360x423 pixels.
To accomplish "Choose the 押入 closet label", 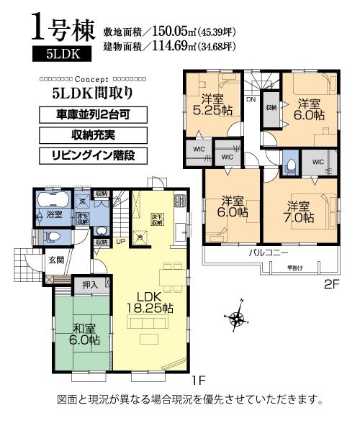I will coord(90,286).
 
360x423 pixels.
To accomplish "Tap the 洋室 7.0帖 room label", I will coord(298,210).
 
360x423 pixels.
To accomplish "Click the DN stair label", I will coord(249,101).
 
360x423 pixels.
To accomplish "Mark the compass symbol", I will coord(237,315).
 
